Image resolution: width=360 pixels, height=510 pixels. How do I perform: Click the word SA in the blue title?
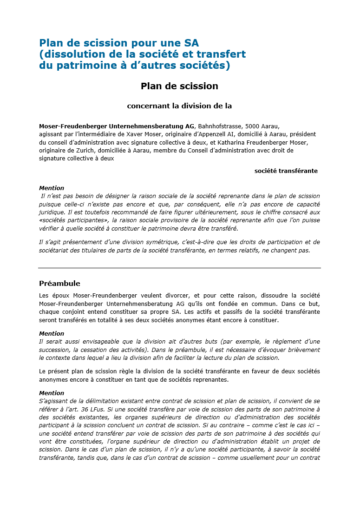(191, 43)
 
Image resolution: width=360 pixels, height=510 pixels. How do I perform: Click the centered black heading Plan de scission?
(179, 86)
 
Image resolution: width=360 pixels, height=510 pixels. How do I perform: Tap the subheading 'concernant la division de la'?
(179, 106)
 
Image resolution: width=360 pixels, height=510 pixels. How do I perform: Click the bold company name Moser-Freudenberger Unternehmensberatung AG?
(117, 126)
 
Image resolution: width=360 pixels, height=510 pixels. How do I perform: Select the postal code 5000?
(253, 126)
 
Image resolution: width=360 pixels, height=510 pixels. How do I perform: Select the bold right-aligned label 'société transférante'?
(286, 171)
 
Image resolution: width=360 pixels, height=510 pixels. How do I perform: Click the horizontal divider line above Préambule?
(179, 268)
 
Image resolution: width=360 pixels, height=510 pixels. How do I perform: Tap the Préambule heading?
(59, 284)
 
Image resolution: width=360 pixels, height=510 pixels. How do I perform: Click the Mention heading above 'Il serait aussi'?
(52, 334)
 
